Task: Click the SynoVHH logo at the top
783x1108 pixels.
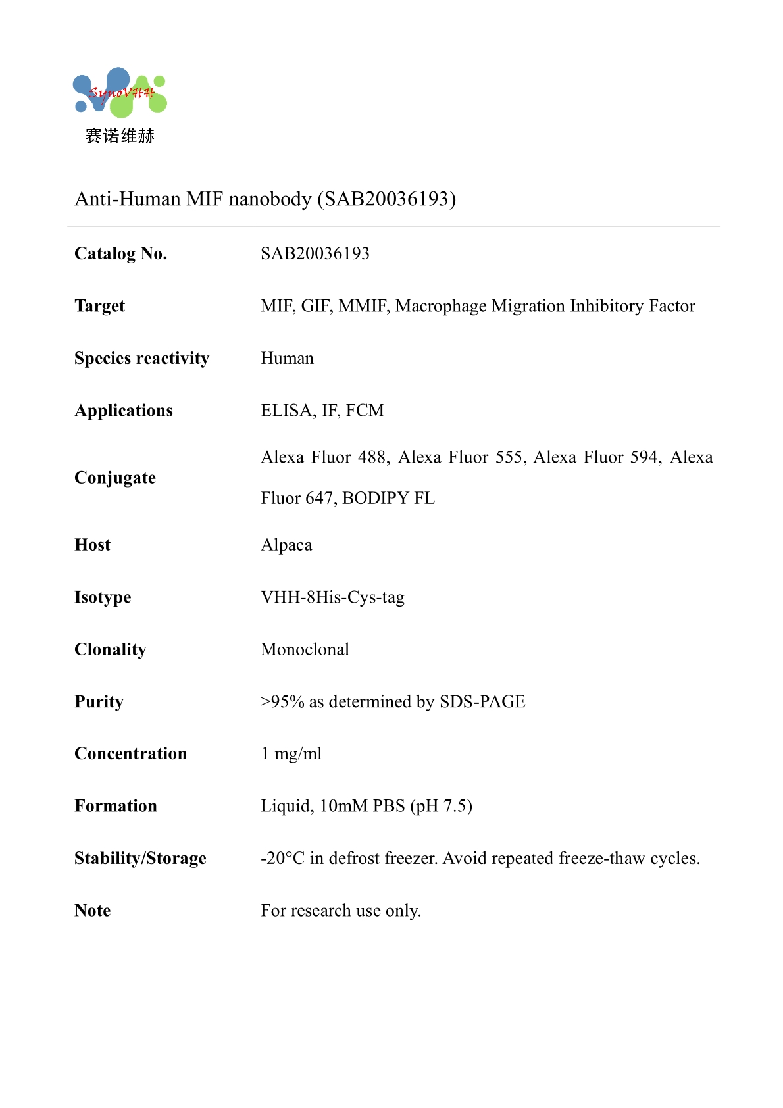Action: (120, 93)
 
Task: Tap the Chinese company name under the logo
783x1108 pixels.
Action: (120, 136)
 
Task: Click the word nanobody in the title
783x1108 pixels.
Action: (270, 199)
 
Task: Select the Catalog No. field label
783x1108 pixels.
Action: (120, 253)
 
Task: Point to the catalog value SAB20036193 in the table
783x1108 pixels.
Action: (315, 253)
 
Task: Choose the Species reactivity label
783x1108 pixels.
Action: (141, 358)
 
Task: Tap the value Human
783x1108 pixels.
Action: (287, 358)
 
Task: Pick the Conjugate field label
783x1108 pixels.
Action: (115, 478)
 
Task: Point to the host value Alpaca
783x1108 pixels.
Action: (286, 545)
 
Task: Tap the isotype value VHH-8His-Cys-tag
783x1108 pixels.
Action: (332, 597)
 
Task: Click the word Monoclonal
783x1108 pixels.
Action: (305, 649)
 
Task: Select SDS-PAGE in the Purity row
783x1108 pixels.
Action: (482, 702)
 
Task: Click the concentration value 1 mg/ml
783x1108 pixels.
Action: (291, 754)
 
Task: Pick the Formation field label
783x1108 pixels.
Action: (116, 806)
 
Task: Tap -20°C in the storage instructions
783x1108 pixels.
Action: (282, 858)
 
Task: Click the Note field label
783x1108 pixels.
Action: (93, 911)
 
